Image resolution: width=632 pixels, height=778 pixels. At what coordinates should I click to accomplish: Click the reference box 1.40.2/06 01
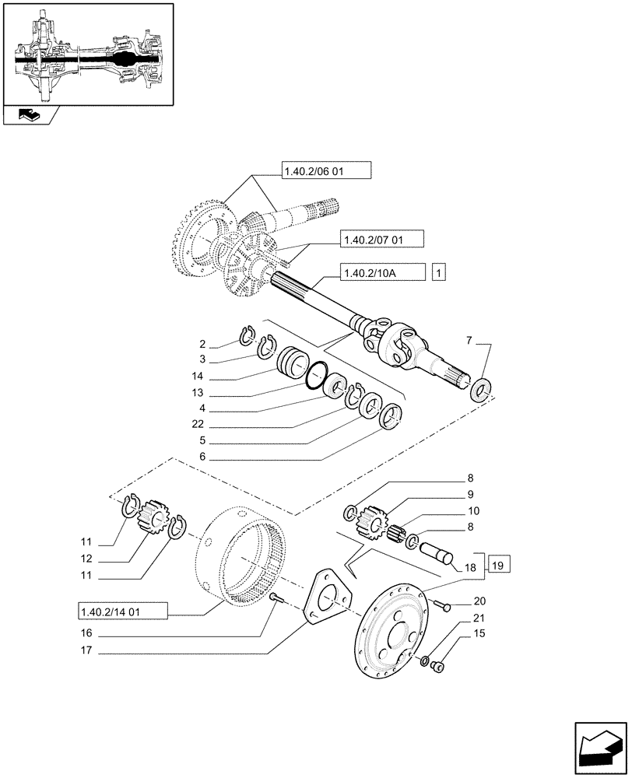[x=327, y=172]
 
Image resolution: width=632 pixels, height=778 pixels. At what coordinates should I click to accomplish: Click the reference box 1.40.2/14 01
[x=122, y=611]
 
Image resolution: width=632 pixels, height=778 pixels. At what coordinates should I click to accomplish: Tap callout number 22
[x=202, y=424]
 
